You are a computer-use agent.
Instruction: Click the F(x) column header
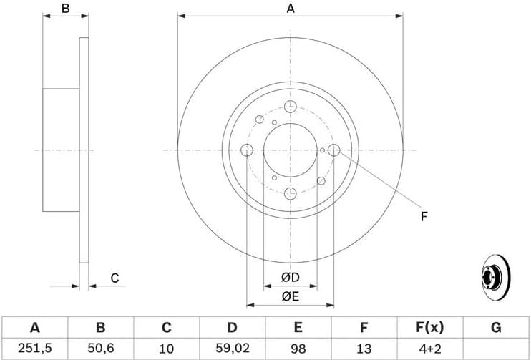(430, 328)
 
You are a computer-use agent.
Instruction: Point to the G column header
(496, 328)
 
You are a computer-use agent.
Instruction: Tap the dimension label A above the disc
(291, 9)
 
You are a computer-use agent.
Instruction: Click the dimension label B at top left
(65, 9)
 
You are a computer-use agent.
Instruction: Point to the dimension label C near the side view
(114, 278)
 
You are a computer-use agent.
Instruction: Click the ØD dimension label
(290, 277)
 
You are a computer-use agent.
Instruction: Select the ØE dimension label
(290, 296)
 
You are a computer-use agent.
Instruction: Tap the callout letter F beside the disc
(424, 215)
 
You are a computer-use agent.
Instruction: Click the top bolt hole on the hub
(291, 107)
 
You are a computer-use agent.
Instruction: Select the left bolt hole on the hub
(247, 150)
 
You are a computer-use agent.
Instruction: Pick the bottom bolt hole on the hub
(291, 193)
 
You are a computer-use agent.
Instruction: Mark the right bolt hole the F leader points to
(333, 150)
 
